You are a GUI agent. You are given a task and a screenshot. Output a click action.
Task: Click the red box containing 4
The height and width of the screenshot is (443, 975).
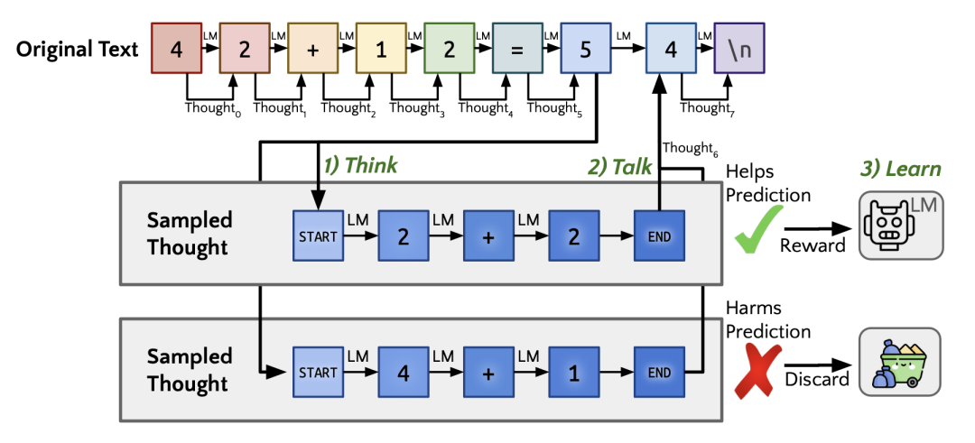176,49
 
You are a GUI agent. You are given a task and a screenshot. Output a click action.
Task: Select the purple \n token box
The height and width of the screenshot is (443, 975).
739,49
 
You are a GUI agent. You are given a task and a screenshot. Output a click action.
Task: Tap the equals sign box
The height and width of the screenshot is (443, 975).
517,49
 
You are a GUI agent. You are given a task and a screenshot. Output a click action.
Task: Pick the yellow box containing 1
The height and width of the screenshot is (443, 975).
381,49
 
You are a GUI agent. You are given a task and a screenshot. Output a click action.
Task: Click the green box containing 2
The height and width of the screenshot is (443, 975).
450,49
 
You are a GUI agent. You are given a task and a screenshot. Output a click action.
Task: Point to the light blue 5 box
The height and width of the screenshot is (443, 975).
586,49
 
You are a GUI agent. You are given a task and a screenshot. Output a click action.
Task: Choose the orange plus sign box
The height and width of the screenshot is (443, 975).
312,49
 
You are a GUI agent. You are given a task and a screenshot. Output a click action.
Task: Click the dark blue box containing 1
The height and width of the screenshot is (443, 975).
573,372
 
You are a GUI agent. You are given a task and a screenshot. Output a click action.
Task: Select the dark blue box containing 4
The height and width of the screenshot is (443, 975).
404,372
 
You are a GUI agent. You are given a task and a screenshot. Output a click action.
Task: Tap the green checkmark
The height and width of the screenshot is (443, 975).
757,227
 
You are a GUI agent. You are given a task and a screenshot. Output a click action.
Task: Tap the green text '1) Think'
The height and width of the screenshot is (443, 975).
360,166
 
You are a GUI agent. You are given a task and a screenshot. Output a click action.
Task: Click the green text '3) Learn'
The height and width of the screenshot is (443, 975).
899,169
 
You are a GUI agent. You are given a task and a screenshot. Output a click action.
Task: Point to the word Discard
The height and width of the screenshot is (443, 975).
813,379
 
